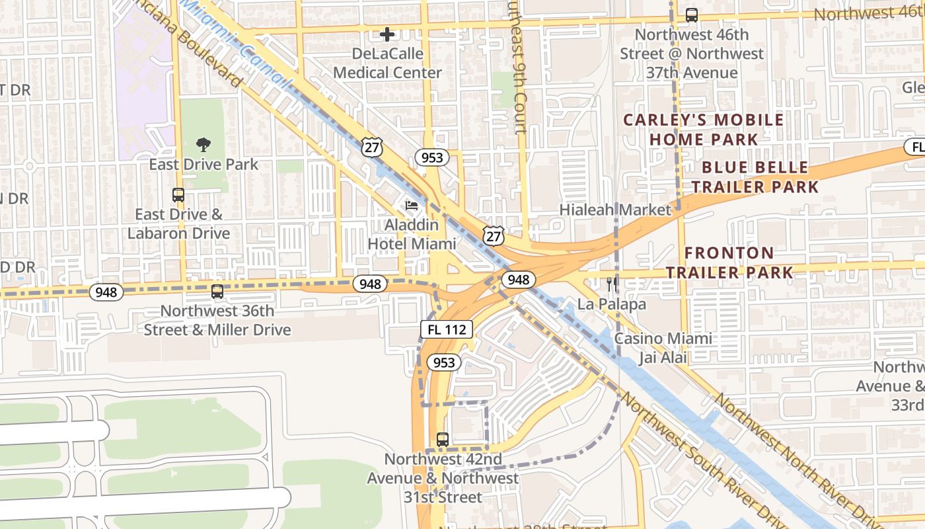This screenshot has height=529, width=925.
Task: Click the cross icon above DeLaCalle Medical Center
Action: [x=387, y=34]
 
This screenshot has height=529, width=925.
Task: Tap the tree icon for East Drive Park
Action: [x=203, y=145]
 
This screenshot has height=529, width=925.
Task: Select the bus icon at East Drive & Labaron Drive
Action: [x=178, y=195]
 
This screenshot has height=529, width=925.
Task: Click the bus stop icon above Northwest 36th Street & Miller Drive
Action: [x=217, y=292]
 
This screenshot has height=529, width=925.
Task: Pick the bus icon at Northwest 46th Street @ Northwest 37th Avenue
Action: [x=692, y=15]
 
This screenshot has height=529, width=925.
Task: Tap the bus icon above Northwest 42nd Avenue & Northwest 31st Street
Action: [x=443, y=439]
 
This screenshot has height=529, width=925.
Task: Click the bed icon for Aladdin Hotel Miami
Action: [x=412, y=206]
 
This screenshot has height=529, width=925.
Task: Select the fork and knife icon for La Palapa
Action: [x=612, y=284]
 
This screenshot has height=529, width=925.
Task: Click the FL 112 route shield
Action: [x=447, y=329]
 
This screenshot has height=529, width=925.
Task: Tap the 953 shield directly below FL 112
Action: [x=444, y=362]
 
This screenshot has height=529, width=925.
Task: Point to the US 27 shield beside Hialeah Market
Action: [x=494, y=235]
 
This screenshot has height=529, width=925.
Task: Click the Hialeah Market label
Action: [x=615, y=210]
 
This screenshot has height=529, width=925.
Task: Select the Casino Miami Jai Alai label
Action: [x=663, y=348]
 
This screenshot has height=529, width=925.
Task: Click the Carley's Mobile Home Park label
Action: [x=704, y=130]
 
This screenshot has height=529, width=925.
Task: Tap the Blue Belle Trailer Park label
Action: [x=755, y=177]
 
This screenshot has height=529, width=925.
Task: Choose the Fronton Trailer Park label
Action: [x=729, y=263]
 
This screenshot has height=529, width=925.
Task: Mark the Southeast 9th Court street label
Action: [x=517, y=66]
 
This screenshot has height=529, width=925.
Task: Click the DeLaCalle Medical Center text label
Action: [x=387, y=73]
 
